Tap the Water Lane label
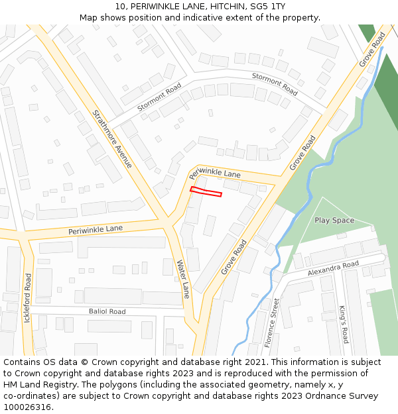point(183,278)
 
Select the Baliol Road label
point(107,311)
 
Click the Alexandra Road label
point(333,268)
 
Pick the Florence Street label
point(272,323)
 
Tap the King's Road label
point(344,325)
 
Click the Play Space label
point(334,220)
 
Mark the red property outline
point(206,192)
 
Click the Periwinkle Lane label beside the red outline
point(215,174)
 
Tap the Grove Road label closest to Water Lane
point(233,257)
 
